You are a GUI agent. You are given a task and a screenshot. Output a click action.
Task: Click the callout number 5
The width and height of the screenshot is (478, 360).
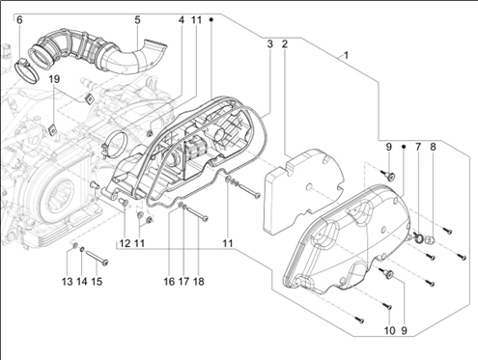click(x=137, y=20)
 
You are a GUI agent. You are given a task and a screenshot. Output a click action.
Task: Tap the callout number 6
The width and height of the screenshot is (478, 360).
click(x=19, y=20)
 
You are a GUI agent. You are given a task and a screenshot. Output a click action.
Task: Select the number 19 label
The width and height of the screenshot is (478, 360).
click(x=54, y=79)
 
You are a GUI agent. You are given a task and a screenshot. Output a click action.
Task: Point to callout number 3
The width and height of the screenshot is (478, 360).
click(x=269, y=44)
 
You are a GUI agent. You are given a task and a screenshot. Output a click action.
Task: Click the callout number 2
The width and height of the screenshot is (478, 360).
click(x=285, y=44)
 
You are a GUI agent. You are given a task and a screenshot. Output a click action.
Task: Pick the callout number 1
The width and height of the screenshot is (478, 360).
click(x=346, y=56)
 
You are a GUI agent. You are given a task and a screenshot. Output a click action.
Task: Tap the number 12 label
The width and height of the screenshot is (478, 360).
click(x=125, y=243)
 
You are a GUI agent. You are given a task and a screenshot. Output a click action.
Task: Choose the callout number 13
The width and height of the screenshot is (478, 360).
click(x=68, y=282)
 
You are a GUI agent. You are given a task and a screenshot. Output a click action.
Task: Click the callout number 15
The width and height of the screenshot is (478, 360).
click(x=97, y=282)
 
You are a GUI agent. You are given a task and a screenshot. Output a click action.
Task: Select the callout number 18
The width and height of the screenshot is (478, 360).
click(x=199, y=282)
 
